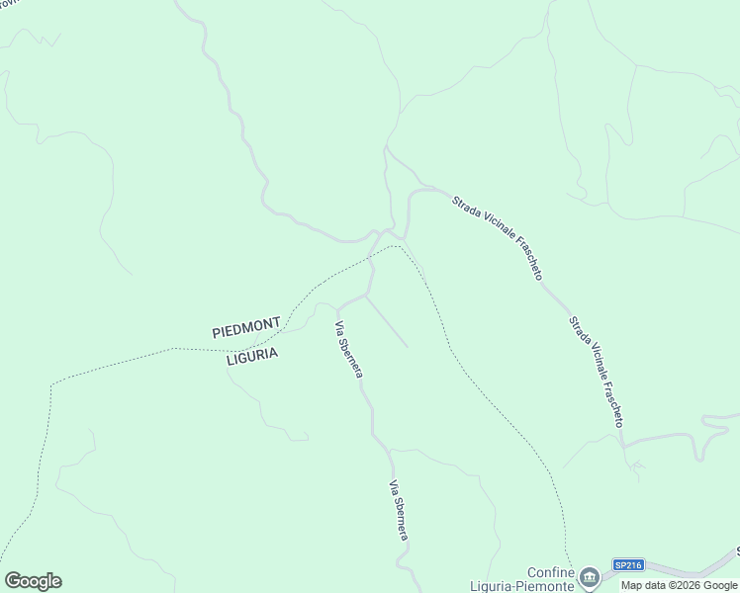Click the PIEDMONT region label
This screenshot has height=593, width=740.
[x=246, y=327]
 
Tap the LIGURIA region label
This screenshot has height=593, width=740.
[x=252, y=356]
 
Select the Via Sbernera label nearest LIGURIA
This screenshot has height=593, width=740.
[x=348, y=350]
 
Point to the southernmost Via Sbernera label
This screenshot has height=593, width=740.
[x=398, y=510]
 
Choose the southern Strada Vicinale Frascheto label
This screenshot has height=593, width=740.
[x=596, y=372]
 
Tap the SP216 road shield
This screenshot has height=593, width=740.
[x=628, y=565]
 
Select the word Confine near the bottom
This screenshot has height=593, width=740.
[x=550, y=572]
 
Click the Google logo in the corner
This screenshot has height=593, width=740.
[x=33, y=581]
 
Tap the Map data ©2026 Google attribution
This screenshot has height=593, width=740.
[x=680, y=585]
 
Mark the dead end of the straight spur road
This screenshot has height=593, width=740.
[x=407, y=346]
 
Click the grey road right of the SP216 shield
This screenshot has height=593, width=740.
[x=683, y=571]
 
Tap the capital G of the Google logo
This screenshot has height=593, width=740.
[x=13, y=581]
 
